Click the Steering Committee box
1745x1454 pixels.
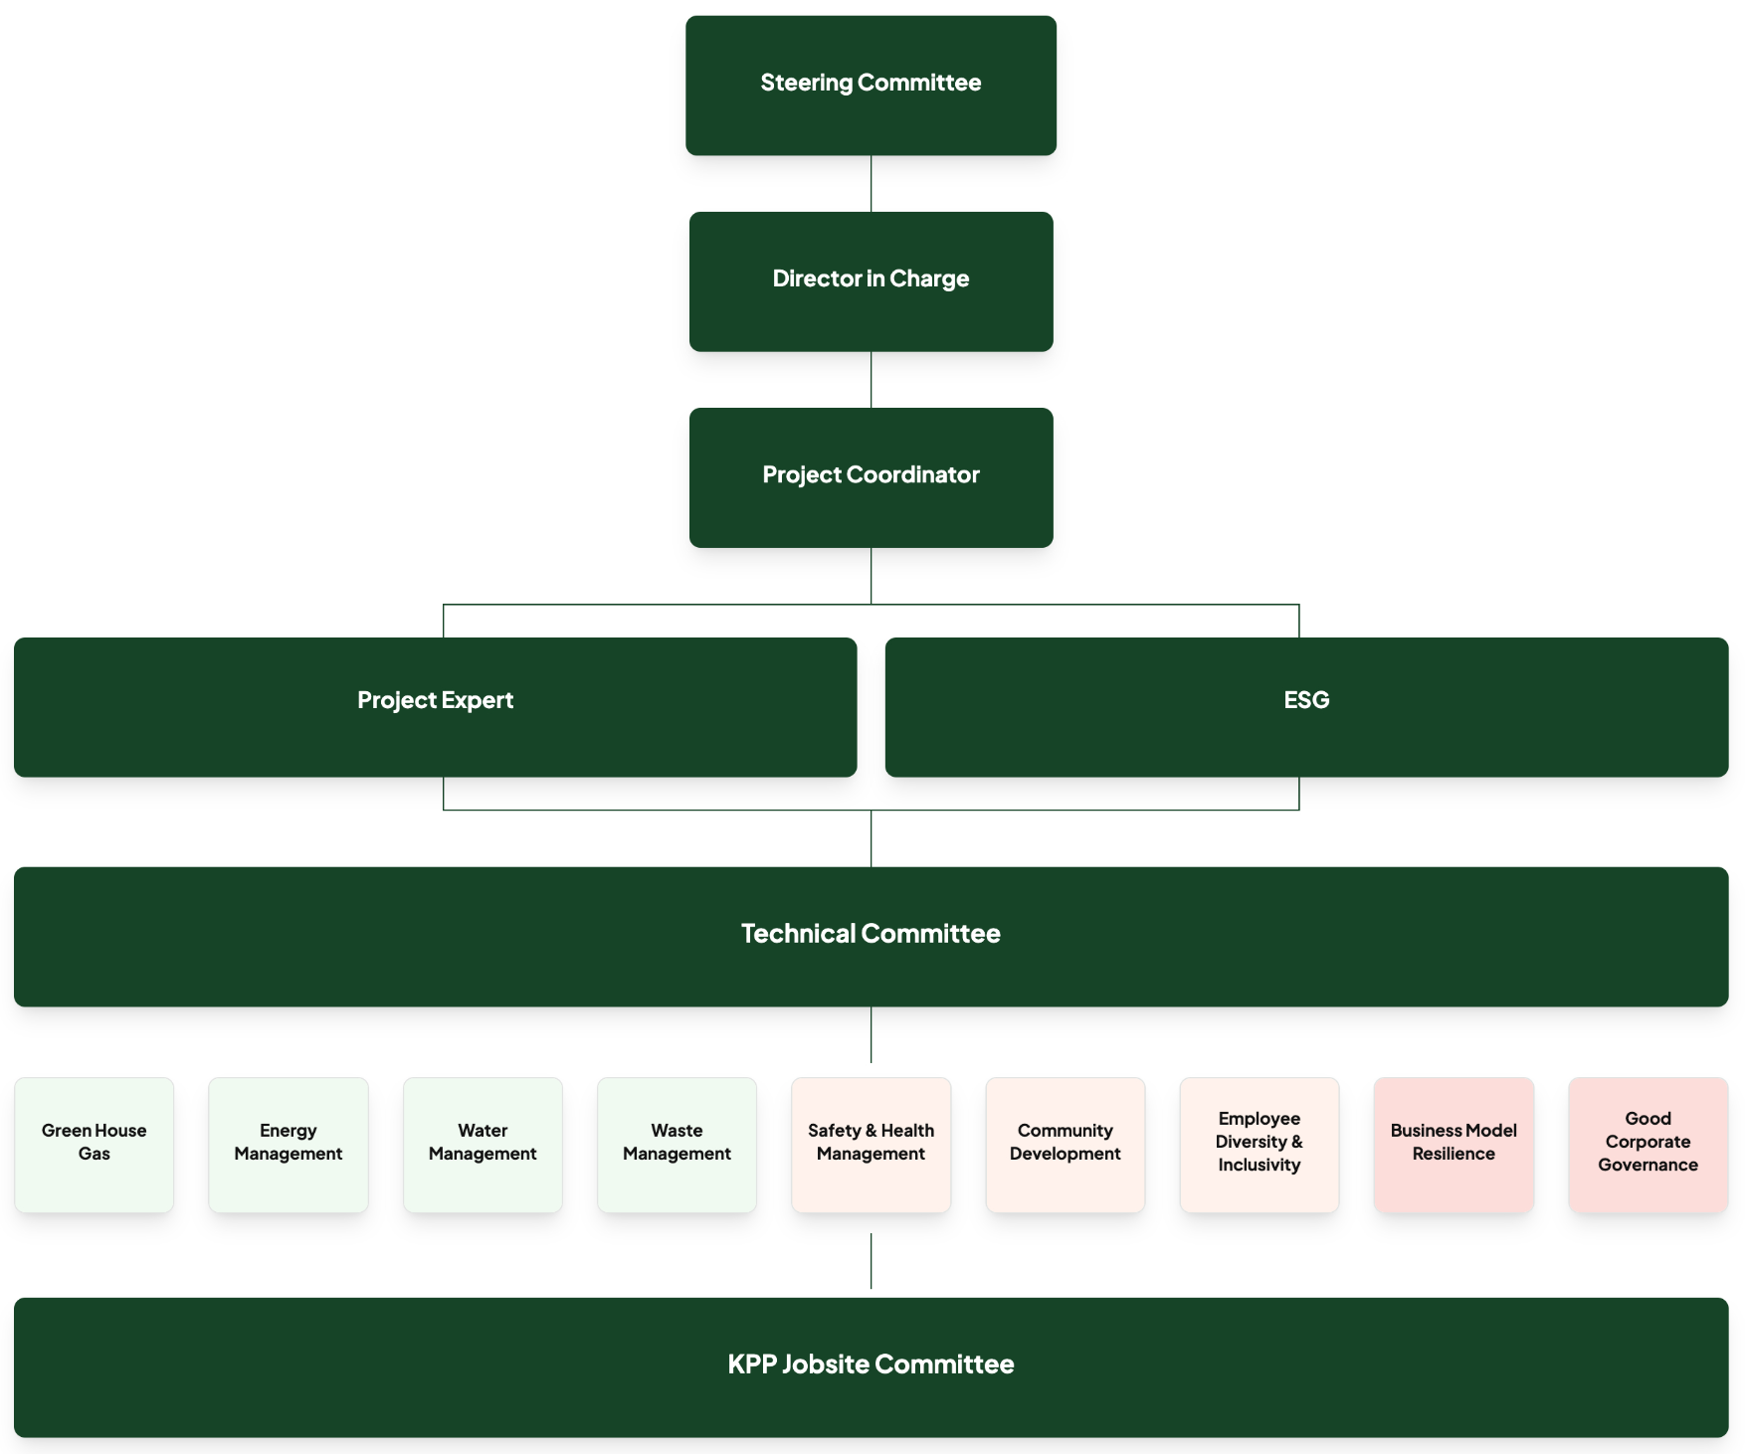[871, 85]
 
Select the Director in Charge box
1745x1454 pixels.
[871, 280]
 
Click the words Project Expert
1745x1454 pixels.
[435, 700]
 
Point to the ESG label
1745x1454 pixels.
[1305, 700]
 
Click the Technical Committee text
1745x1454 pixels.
[871, 933]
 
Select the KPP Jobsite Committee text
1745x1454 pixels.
[871, 1363]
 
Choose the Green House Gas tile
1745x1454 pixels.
[95, 1144]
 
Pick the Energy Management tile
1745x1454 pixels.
[289, 1144]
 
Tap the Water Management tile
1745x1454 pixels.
[483, 1144]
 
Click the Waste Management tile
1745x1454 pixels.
[677, 1144]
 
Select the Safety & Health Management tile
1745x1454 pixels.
[871, 1144]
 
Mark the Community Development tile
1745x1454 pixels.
[1065, 1144]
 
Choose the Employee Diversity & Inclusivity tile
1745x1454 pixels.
[1259, 1144]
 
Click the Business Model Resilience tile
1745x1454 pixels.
[1454, 1144]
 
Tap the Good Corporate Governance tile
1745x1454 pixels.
[1648, 1144]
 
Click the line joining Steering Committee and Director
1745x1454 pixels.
[871, 183]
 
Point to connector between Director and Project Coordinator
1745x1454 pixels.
[871, 379]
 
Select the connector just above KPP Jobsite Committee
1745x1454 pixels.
[871, 1261]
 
